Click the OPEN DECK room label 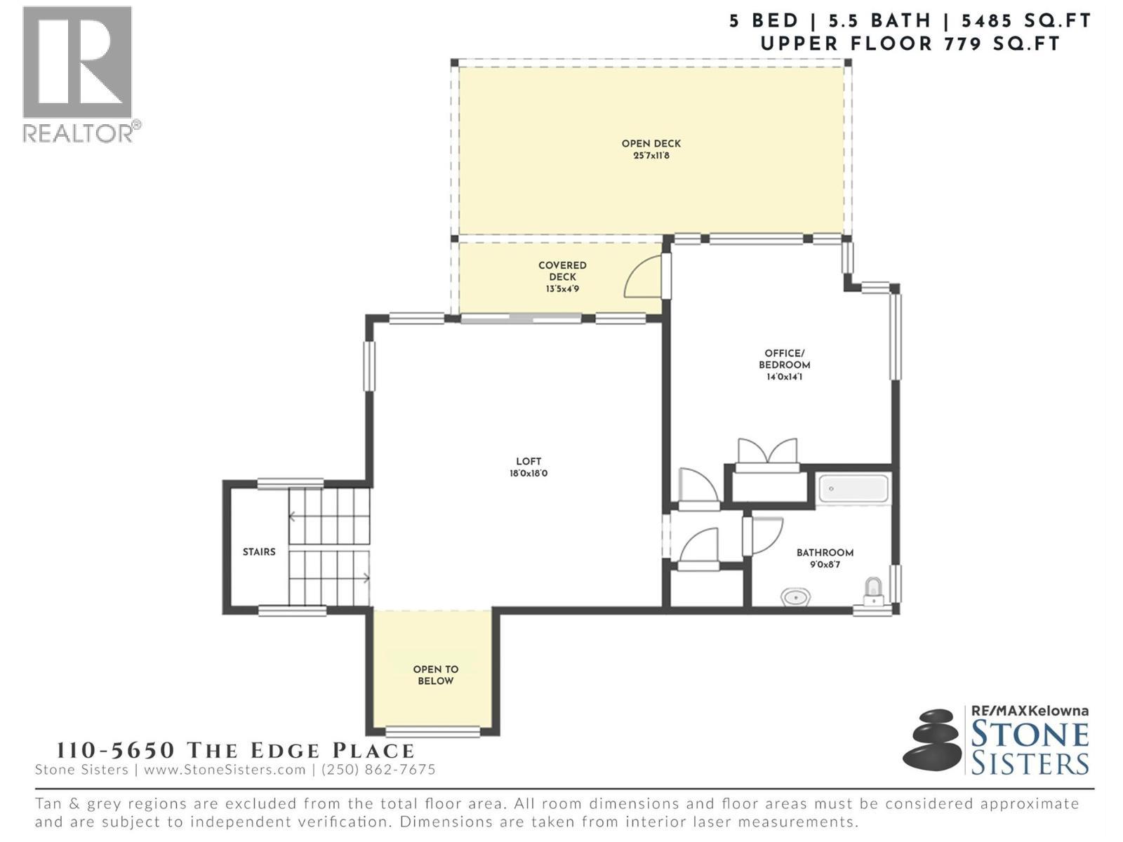(x=651, y=144)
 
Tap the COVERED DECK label (x=562, y=271)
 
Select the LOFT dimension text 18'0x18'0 (x=529, y=474)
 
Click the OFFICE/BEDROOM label (x=784, y=359)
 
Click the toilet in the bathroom (x=872, y=592)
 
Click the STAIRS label (x=259, y=552)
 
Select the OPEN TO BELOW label (x=435, y=675)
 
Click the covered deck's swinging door (x=642, y=278)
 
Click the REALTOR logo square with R (x=77, y=62)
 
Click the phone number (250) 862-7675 (x=378, y=770)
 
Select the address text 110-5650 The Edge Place (x=235, y=750)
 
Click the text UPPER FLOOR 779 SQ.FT (x=910, y=44)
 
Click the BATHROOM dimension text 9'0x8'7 (x=825, y=564)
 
